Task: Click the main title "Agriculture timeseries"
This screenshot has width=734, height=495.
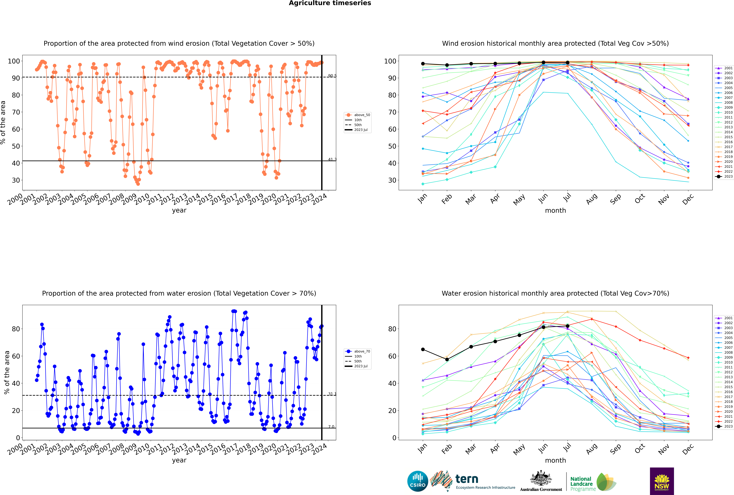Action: coord(330,3)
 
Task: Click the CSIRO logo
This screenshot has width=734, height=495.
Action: coord(417,481)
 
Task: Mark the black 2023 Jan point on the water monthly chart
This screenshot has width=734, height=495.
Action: coord(423,349)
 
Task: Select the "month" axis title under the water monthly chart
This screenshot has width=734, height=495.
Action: coord(555,460)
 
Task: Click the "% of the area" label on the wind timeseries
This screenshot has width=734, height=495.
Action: coord(3,122)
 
